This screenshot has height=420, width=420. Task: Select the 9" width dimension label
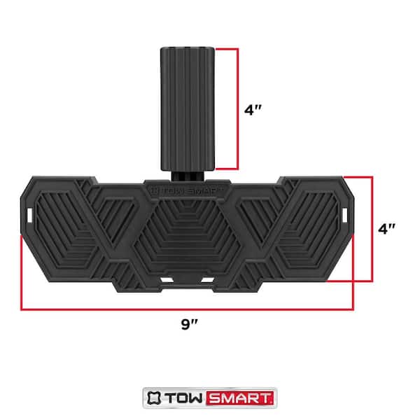tap(188, 325)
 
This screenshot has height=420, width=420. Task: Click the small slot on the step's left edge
tap(30, 211)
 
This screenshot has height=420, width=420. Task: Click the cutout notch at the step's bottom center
tap(187, 279)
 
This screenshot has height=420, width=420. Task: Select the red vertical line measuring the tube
tap(238, 108)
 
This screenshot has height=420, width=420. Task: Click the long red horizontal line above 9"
tap(188, 308)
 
